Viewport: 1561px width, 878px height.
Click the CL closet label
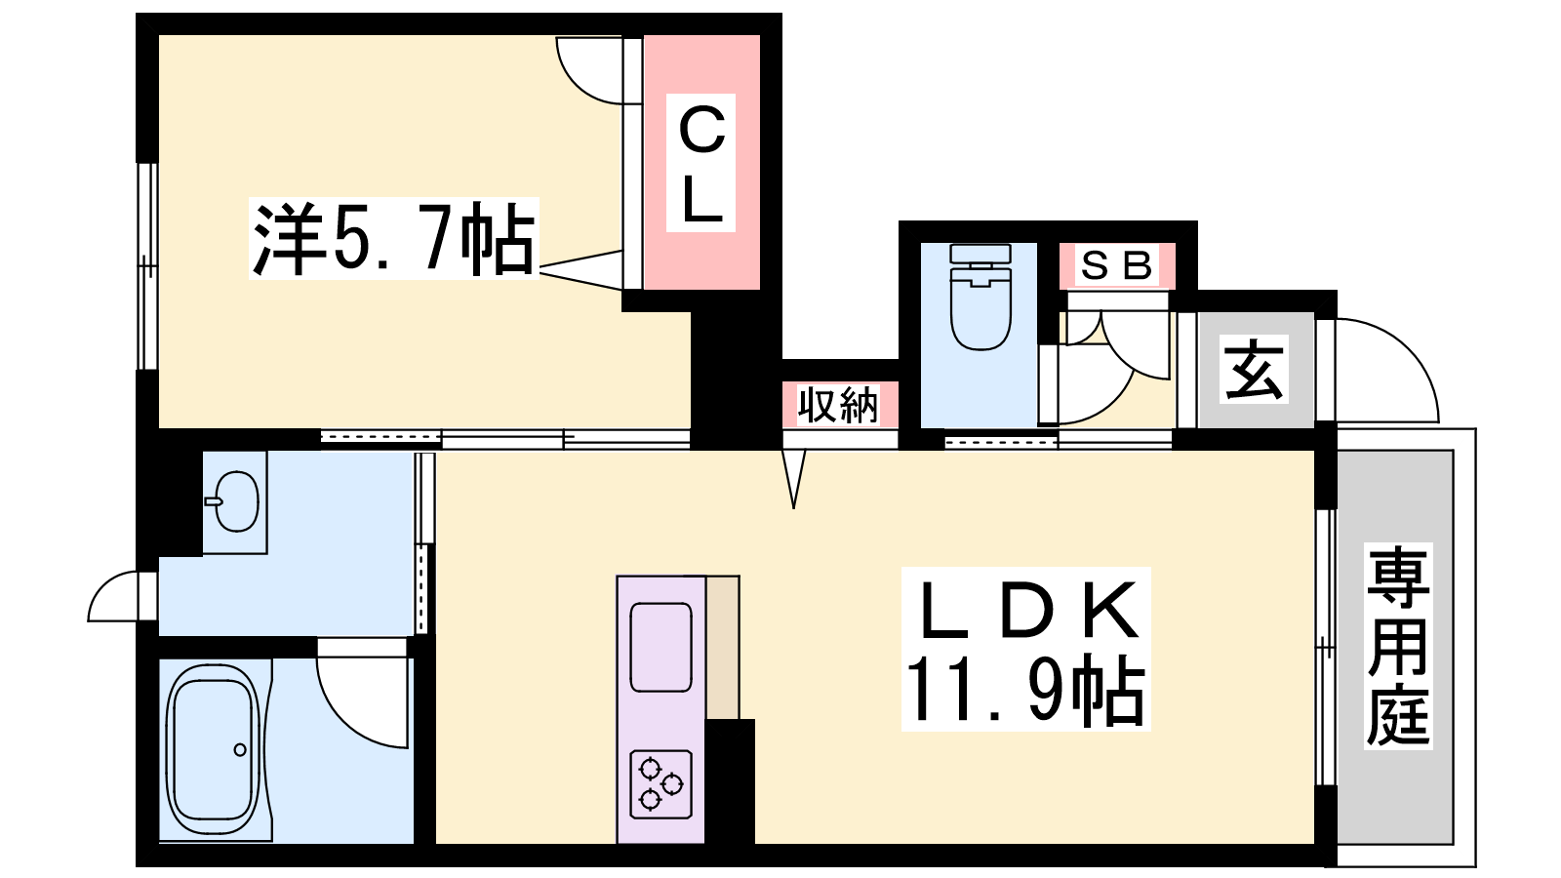pos(701,162)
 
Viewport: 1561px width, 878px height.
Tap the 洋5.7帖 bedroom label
pos(394,239)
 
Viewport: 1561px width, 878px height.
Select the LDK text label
pos(1025,610)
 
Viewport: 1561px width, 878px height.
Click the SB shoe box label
pos(1116,265)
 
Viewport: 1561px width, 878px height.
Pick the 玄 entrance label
pos(1254,370)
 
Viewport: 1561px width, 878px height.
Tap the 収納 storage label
pos(838,405)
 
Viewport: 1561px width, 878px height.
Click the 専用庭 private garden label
pos(1398,646)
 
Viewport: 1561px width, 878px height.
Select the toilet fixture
pos(981,297)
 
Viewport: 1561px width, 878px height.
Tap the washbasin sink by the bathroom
pos(235,501)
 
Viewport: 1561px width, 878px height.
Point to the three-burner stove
pos(660,784)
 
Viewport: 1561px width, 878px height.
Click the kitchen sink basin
pos(660,648)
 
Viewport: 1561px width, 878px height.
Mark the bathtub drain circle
pos(240,750)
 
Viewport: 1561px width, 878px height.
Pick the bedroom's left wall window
pos(147,266)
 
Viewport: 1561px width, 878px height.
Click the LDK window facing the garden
pos(1326,648)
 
